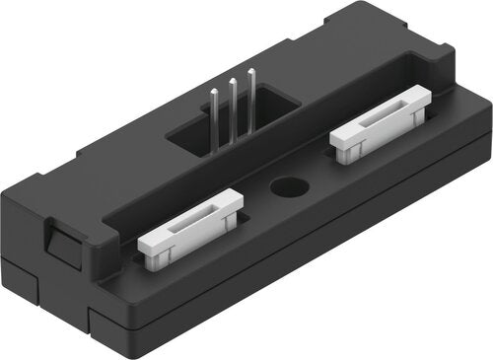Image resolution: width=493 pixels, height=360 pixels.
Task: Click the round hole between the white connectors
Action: coord(287,187)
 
